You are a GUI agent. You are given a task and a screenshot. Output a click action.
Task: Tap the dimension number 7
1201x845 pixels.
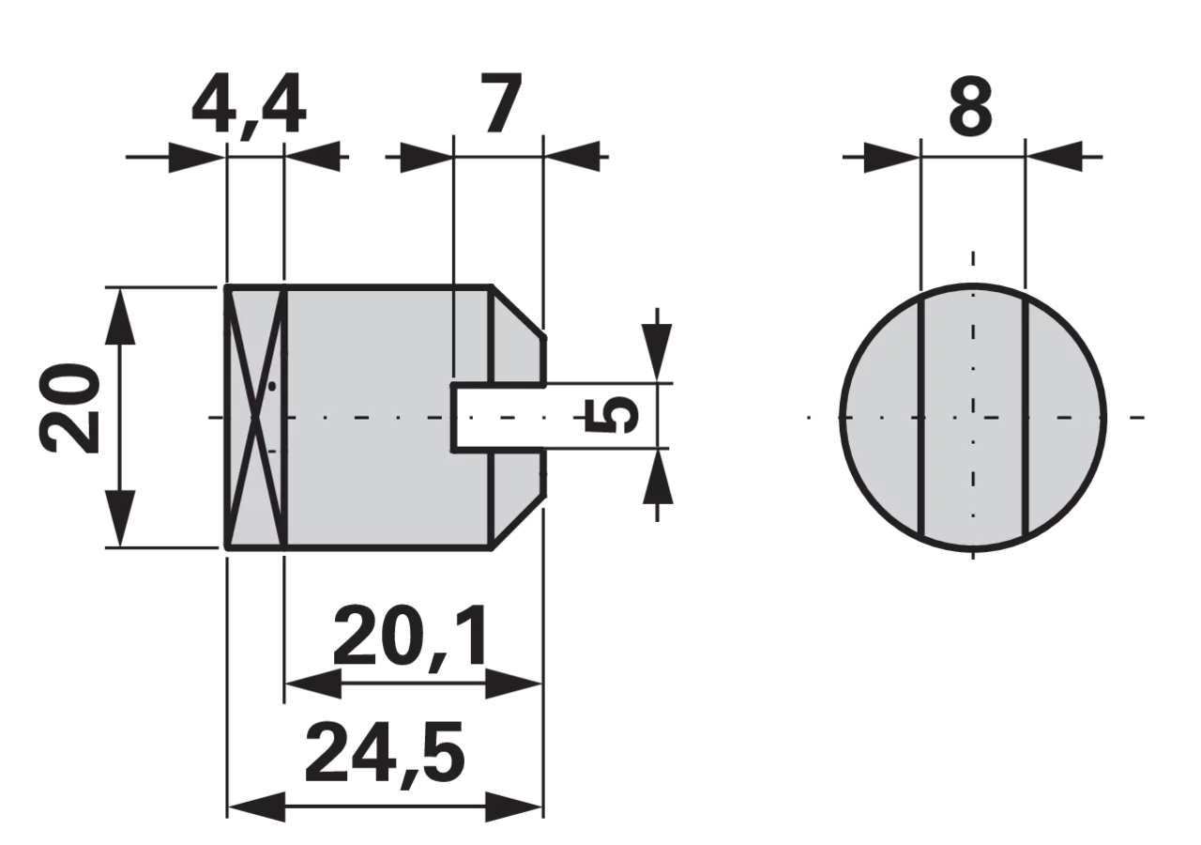501,102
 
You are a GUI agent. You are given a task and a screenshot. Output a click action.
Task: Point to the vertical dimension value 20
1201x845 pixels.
69,408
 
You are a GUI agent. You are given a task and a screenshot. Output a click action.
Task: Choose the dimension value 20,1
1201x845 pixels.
411,638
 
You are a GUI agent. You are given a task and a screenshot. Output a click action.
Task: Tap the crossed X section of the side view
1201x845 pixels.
256,418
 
